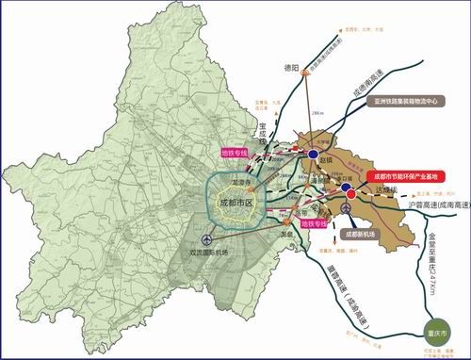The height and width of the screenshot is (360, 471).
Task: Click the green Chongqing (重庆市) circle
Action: pyautogui.click(x=437, y=333)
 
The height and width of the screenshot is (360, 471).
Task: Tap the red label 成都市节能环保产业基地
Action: pyautogui.click(x=400, y=175)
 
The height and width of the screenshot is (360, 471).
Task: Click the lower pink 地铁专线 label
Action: pyautogui.click(x=314, y=224)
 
